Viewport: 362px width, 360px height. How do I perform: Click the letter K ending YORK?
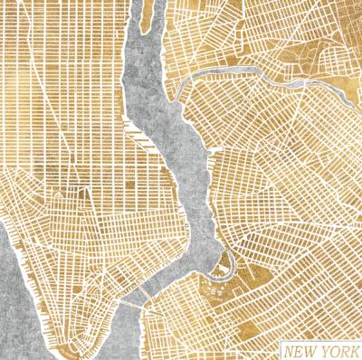(x=354, y=349)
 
